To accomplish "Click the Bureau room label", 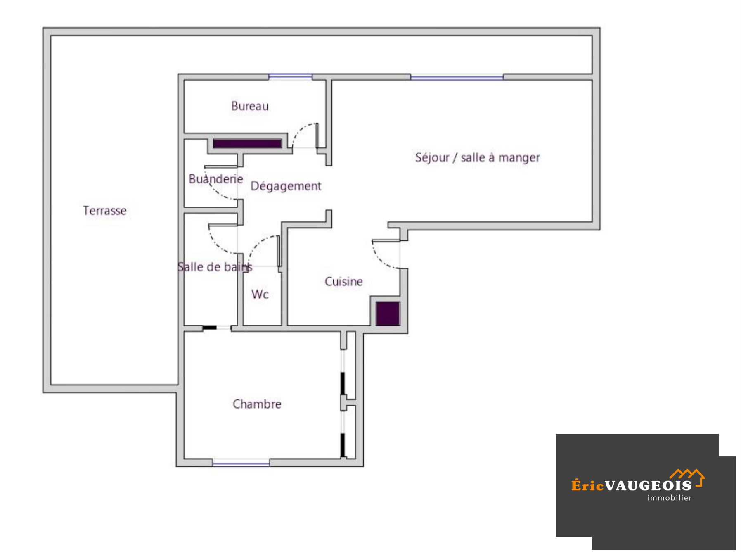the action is [249, 106].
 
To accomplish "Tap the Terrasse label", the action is [104, 211].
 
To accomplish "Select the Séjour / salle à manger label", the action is [477, 157].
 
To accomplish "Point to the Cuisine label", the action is [343, 282].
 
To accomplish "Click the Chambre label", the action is [257, 404].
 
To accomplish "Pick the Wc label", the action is [260, 295].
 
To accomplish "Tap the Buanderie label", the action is [215, 179].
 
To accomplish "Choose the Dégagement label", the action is [286, 186].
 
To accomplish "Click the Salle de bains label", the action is [215, 267].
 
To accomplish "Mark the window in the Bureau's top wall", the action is [290, 76].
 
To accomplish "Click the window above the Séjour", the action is [457, 77].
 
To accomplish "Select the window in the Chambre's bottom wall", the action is [241, 463].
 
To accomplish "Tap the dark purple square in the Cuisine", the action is [388, 314].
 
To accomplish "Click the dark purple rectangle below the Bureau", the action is [247, 144].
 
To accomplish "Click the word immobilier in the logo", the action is [669, 498].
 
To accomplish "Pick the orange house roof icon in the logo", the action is [688, 477].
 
